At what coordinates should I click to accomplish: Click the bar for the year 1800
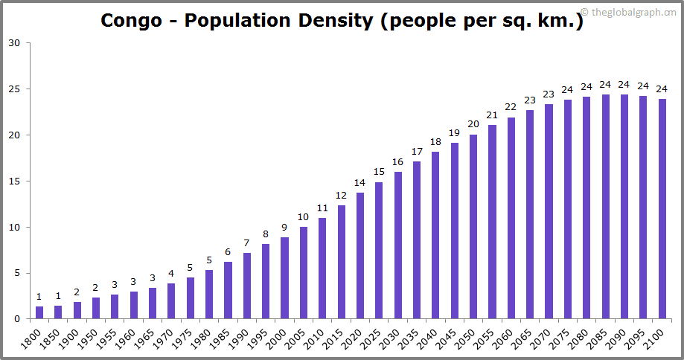(39, 312)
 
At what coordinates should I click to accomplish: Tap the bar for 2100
(662, 209)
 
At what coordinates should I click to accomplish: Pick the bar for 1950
(96, 308)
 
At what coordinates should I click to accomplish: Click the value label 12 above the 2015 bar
(341, 196)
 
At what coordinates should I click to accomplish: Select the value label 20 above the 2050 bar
(473, 124)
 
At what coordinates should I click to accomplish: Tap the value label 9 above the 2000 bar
(284, 228)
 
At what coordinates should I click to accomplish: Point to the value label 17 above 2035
(417, 152)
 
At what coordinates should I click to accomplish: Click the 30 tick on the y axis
(15, 42)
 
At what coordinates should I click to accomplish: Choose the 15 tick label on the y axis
(15, 181)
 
